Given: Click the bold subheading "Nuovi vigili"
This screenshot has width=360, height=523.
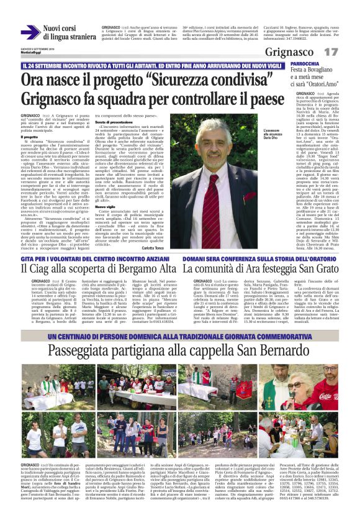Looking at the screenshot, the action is click(106, 190).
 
